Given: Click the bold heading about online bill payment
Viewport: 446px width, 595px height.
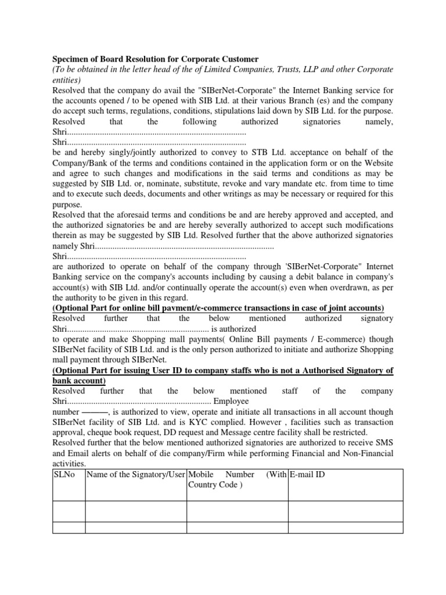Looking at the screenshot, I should (x=218, y=307).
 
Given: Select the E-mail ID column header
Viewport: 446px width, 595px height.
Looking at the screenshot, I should (x=307, y=475).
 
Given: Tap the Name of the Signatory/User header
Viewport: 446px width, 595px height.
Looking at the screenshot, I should (x=135, y=475).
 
